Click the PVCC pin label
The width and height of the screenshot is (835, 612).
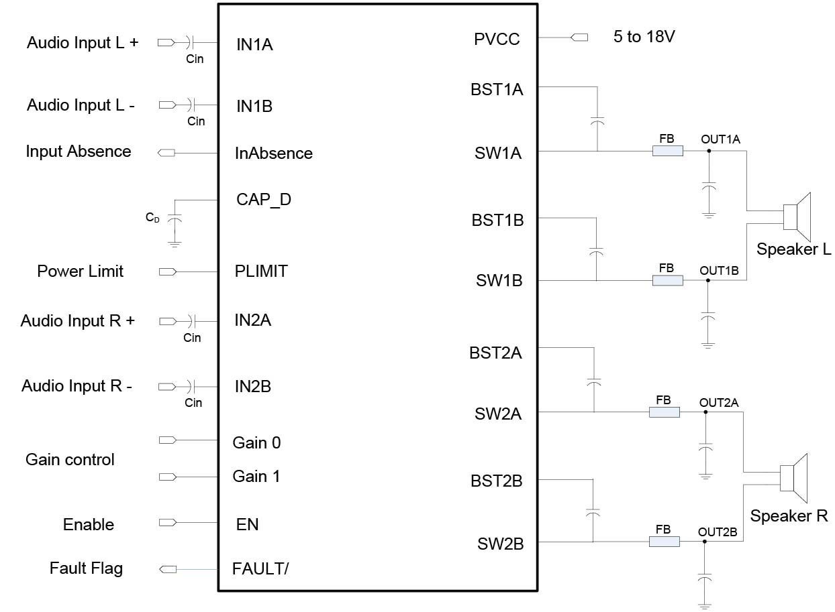(x=497, y=39)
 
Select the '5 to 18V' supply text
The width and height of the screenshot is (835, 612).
(x=644, y=37)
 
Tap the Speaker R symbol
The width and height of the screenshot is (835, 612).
(x=793, y=477)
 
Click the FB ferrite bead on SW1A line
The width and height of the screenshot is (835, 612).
(x=667, y=151)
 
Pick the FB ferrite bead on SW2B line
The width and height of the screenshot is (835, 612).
(x=664, y=542)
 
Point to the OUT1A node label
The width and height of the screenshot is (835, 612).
(x=720, y=139)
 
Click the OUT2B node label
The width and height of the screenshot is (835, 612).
(x=718, y=532)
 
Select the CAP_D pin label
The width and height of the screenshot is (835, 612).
(x=264, y=200)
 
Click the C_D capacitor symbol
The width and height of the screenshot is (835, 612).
(x=175, y=219)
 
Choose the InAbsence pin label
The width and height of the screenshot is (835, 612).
(x=273, y=154)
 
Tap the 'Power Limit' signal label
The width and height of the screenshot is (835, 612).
(x=81, y=271)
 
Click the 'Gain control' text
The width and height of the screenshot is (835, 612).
(x=70, y=460)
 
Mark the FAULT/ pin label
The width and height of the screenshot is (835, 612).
(x=260, y=569)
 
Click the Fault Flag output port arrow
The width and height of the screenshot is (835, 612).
(x=167, y=569)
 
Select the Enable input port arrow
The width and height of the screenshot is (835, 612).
(x=167, y=523)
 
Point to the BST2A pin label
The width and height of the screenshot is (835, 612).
(x=495, y=353)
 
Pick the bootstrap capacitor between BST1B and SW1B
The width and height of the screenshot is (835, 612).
(x=595, y=251)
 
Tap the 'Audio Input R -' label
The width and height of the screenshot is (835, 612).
(x=77, y=386)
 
